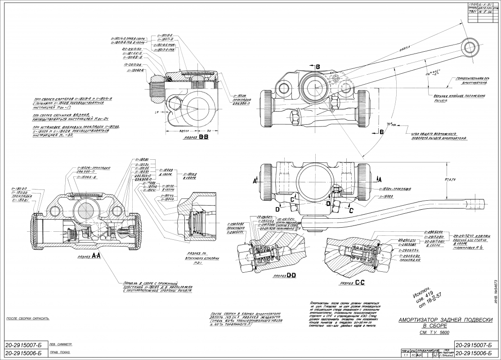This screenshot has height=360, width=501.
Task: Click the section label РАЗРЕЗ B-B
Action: (x=191, y=139)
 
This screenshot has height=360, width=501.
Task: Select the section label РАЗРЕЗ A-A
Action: (x=90, y=257)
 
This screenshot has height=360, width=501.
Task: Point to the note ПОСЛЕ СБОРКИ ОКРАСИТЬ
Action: (x=27, y=319)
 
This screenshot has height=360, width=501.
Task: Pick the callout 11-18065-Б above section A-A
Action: (x=89, y=177)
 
